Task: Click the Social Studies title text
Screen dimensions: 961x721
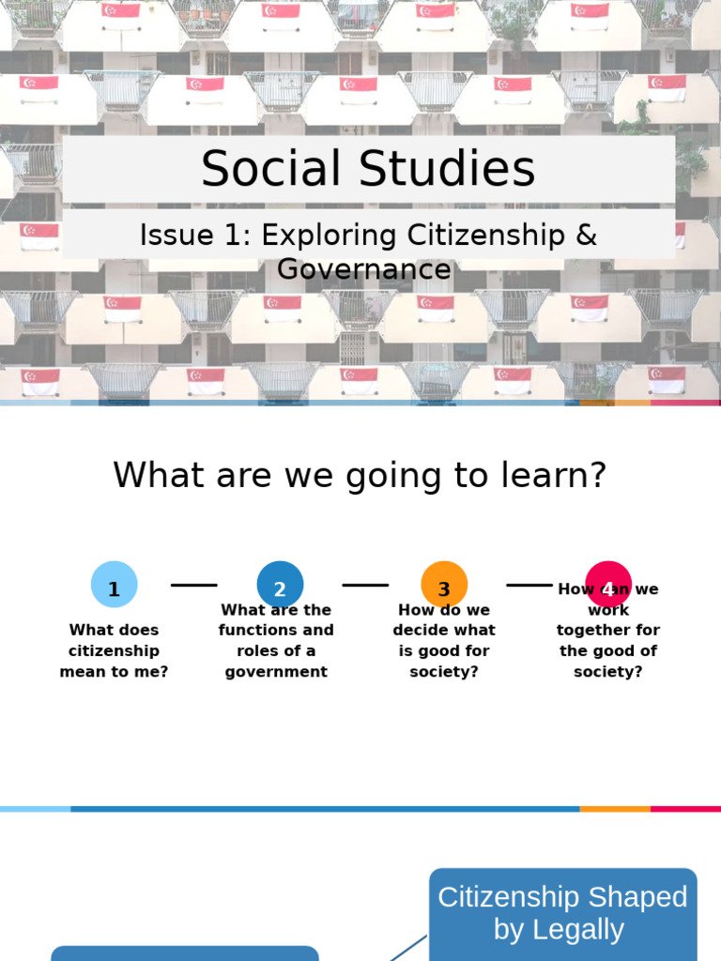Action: pos(368,169)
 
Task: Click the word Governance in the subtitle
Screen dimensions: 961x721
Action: pos(364,269)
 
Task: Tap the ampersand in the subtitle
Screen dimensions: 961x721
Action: pos(586,235)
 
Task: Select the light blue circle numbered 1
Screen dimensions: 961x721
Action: pos(114,585)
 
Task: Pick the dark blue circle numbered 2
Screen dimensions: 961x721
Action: pos(280,585)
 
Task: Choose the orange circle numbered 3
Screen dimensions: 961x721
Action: pos(444,585)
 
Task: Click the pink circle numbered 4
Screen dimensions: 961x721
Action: pos(608,583)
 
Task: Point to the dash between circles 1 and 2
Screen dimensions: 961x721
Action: pos(194,585)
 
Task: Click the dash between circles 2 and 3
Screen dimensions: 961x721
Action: pos(365,585)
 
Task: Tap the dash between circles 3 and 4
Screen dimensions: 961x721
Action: pos(529,585)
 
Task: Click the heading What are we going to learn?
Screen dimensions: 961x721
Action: pos(360,475)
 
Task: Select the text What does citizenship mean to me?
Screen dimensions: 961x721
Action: pos(114,650)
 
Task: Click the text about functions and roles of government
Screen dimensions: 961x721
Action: pos(276,641)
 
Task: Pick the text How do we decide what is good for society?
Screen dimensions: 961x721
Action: pos(444,641)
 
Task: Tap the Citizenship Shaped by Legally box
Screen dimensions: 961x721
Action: pos(562,913)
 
